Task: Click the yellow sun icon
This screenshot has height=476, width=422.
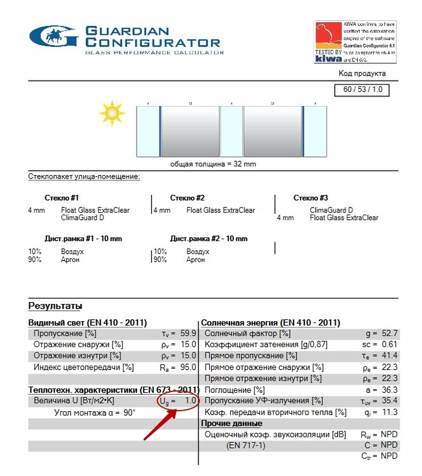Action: pyautogui.click(x=113, y=112)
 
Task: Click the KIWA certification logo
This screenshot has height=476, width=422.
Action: pyautogui.click(x=329, y=42)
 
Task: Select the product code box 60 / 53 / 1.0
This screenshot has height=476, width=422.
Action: pyautogui.click(x=362, y=89)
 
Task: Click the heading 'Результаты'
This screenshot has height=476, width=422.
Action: pyautogui.click(x=55, y=306)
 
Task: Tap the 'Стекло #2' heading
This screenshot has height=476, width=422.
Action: pyautogui.click(x=187, y=198)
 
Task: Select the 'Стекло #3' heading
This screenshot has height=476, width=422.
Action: pyautogui.click(x=311, y=198)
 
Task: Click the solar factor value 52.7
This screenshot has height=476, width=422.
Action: pyautogui.click(x=390, y=333)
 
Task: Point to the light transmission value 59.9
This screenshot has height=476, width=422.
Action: pyautogui.click(x=189, y=333)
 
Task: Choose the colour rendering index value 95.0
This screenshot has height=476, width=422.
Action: pyautogui.click(x=189, y=367)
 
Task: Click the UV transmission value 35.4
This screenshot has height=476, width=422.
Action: pyautogui.click(x=390, y=401)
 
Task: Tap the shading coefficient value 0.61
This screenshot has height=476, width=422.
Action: pyautogui.click(x=390, y=345)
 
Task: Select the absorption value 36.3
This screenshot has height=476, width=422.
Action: pyautogui.click(x=390, y=390)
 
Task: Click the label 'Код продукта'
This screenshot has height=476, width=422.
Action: pyautogui.click(x=361, y=74)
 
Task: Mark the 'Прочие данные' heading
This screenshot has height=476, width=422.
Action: pyautogui.click(x=231, y=423)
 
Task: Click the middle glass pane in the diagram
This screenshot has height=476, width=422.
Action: pyautogui.click(x=231, y=131)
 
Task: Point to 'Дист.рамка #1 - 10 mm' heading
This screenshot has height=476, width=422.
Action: pyautogui.click(x=83, y=239)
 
